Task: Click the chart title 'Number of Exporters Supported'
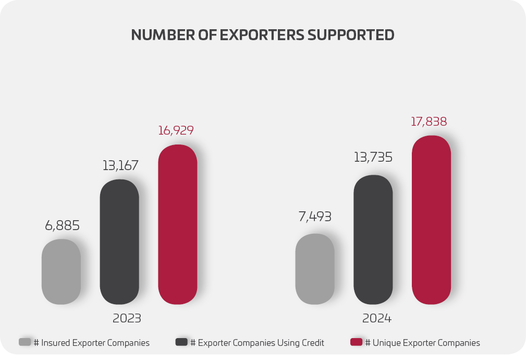263,35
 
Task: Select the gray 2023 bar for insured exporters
61,272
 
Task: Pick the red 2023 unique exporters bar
178,224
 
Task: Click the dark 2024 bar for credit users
373,239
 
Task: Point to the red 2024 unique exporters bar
431,220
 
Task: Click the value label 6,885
62,226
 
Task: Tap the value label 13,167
120,166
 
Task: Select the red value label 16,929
176,130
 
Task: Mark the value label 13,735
373,157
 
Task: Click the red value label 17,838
429,122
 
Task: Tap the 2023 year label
127,318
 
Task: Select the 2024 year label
377,318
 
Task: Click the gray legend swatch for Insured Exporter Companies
25,342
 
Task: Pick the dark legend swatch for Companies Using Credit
181,342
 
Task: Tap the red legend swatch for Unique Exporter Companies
356,342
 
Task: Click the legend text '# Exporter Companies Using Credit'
257,343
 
